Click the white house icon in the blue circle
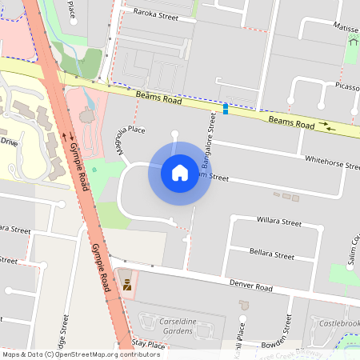click(x=180, y=173)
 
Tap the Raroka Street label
click(x=155, y=14)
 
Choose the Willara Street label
click(x=278, y=221)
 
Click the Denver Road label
click(x=251, y=286)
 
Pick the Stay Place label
click(x=149, y=345)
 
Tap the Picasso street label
click(x=347, y=86)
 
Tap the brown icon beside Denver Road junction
click(x=126, y=284)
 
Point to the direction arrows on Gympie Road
click(x=71, y=137)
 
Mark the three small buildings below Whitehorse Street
click(x=286, y=196)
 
